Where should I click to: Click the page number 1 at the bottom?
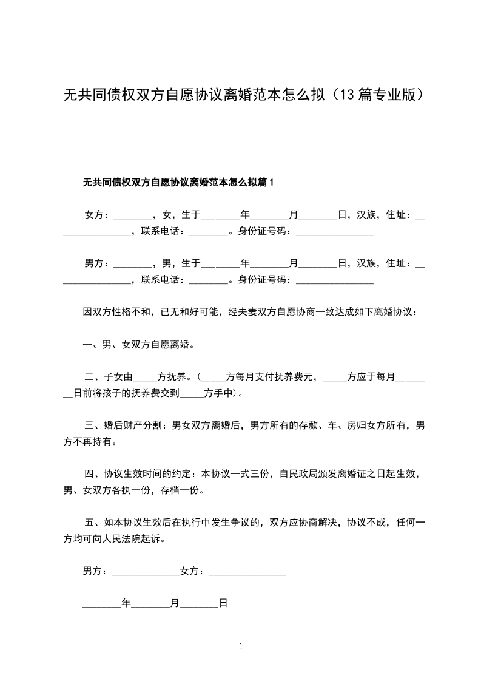[x=241, y=646]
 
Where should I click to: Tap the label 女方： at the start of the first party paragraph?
[x=97, y=214]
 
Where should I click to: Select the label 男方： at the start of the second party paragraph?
[x=97, y=263]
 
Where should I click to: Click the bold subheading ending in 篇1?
[x=178, y=181]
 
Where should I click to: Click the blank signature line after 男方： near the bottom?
[x=146, y=572]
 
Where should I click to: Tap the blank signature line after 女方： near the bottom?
[x=247, y=572]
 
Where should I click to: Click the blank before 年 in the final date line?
[x=101, y=604]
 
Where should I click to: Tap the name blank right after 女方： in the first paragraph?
[x=133, y=215]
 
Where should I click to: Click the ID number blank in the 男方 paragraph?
[x=334, y=280]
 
